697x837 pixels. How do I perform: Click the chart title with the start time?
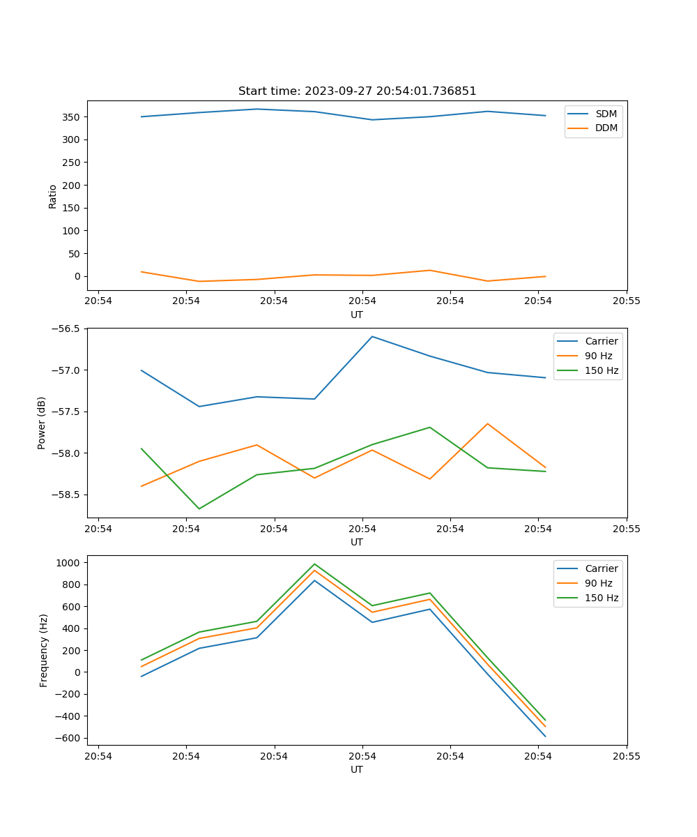357,91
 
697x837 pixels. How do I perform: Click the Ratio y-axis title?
53,196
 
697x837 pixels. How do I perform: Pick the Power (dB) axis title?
42,423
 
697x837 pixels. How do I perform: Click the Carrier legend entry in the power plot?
601,341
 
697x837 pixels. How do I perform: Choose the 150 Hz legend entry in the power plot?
601,370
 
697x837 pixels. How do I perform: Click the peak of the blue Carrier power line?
372,337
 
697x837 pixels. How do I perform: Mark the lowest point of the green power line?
199,508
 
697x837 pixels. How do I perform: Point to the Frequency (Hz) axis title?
44,650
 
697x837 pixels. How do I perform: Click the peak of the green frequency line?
314,564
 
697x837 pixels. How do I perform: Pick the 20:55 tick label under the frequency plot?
626,756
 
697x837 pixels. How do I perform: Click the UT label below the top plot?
357,315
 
